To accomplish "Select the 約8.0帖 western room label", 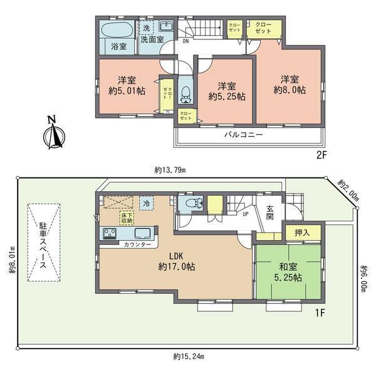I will (289, 85).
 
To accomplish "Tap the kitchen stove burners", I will (110, 234).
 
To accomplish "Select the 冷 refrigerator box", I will (146, 204).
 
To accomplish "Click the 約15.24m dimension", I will (187, 357).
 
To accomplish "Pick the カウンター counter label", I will (137, 244).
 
